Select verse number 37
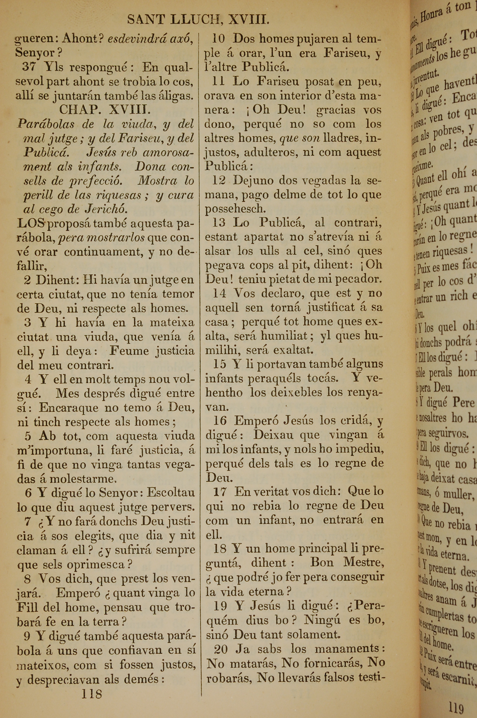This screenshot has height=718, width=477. (x=29, y=67)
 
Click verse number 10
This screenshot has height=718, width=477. (x=218, y=39)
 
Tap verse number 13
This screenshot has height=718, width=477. (x=218, y=222)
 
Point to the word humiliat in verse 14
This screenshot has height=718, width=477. (x=284, y=336)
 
